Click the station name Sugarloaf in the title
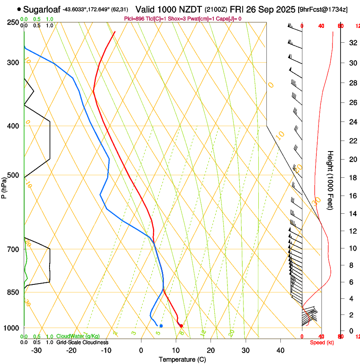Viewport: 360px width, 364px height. tap(42, 9)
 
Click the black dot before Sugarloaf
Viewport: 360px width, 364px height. tap(19, 9)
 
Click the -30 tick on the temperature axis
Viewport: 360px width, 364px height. tap(37, 350)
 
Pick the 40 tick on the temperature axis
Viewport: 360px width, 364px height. tap(280, 350)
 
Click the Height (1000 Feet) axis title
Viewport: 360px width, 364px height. tap(331, 180)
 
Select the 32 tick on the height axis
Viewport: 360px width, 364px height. tap(352, 43)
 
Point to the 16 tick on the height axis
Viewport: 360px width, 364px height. tap(352, 196)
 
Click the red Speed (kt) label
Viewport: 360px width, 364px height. tap(321, 342)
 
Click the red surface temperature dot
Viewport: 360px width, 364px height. tap(181, 325)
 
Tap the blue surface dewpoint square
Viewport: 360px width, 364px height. tap(161, 325)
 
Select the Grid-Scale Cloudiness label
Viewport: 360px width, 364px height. tap(82, 342)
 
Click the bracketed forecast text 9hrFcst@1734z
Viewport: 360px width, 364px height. tap(323, 9)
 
